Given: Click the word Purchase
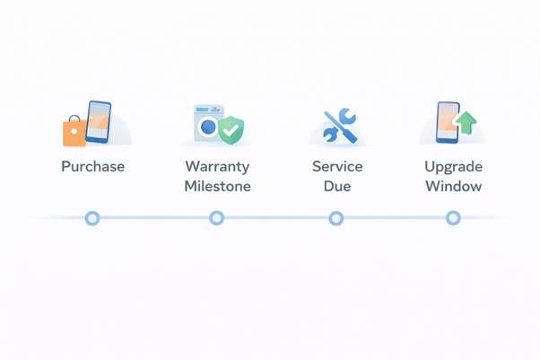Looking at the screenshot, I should click(92, 167).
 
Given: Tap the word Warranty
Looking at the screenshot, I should click(217, 167).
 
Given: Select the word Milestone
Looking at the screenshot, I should click(217, 187).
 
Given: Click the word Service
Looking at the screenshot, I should click(336, 167).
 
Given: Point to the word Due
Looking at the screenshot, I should click(336, 187).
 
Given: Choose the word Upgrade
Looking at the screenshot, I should click(453, 167).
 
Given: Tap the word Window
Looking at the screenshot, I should click(453, 187).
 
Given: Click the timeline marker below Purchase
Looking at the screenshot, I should click(91, 218).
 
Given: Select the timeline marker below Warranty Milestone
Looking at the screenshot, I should click(216, 218).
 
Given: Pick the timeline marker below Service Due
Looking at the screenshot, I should click(335, 218).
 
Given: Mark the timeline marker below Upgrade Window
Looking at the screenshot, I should click(453, 218).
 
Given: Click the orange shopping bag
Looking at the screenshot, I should click(74, 131).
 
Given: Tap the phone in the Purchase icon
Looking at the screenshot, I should click(99, 121).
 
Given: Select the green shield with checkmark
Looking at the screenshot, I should click(231, 129).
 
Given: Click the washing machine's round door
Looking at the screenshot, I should click(208, 127).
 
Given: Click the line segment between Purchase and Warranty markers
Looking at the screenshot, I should click(153, 218).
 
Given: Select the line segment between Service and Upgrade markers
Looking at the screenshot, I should click(395, 218).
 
